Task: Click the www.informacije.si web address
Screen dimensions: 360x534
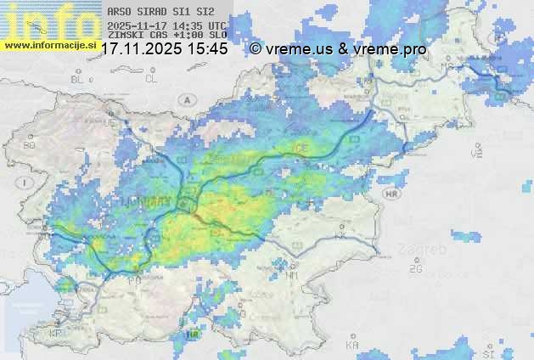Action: click(x=49, y=45)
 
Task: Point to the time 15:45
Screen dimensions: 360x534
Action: click(x=207, y=49)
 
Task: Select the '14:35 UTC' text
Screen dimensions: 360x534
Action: click(x=203, y=26)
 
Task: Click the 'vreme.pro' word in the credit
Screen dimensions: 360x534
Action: click(x=392, y=49)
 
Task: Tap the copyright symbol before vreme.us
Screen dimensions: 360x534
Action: click(x=256, y=49)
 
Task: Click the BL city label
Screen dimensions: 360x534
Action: click(x=79, y=79)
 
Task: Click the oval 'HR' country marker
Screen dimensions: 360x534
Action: click(x=391, y=194)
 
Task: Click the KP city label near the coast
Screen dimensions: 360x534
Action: click(x=57, y=334)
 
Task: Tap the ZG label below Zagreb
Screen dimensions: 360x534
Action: click(x=415, y=269)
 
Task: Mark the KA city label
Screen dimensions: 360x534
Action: click(x=351, y=345)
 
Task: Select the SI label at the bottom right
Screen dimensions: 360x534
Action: click(x=487, y=352)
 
